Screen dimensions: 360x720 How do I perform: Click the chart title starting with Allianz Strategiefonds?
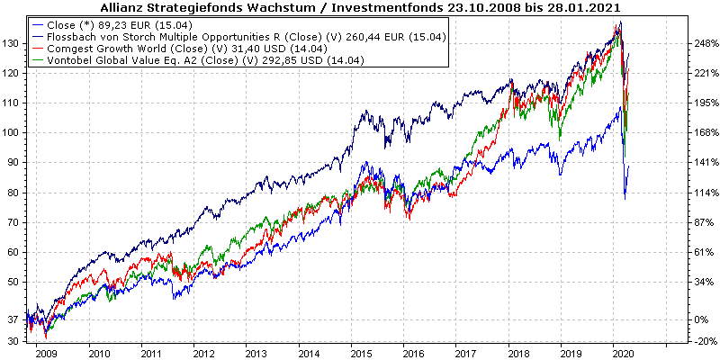[360, 7]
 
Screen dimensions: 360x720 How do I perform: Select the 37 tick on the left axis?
[14, 319]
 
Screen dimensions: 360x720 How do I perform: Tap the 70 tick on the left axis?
[14, 222]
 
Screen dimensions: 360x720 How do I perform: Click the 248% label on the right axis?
[701, 43]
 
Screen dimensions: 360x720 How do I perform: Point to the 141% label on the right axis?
[701, 163]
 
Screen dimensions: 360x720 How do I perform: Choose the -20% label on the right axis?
[701, 342]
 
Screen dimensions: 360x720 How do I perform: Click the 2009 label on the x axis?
[47, 354]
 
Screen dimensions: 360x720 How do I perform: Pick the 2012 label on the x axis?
[203, 354]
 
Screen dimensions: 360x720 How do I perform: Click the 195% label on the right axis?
[701, 103]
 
